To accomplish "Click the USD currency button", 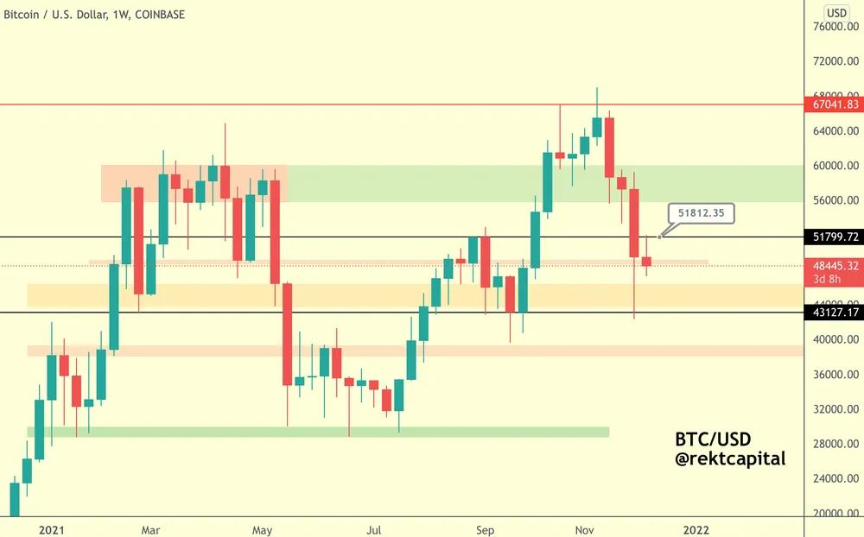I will point(836,12).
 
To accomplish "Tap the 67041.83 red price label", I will point(835,104).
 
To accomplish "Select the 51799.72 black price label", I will point(835,236).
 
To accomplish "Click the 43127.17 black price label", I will point(835,313).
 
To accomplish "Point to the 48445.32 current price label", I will point(835,266).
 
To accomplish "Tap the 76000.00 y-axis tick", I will point(835,27).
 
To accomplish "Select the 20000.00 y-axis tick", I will point(835,513).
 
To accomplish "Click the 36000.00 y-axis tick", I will point(835,375).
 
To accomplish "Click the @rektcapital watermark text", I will point(730,459).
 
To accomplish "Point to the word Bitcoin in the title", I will point(25,15).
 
